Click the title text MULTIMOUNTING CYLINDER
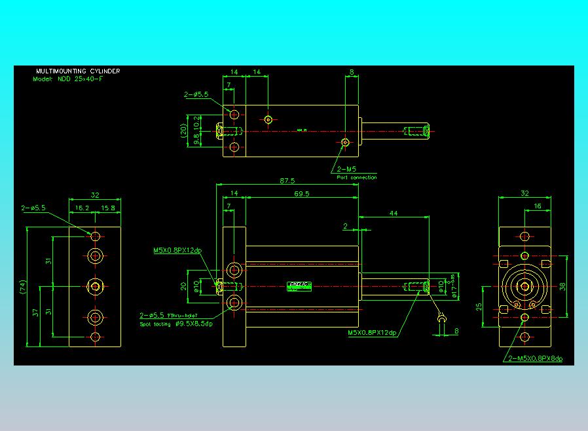78,71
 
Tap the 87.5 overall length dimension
286,181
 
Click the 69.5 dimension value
302,195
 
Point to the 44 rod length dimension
394,214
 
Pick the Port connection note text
357,178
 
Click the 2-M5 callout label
346,170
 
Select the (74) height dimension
22,287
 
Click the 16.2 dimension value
83,208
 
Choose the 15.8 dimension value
108,208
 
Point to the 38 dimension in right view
563,286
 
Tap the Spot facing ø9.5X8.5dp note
181,324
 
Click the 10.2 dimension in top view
198,122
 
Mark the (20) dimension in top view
185,131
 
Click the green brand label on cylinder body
301,284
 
